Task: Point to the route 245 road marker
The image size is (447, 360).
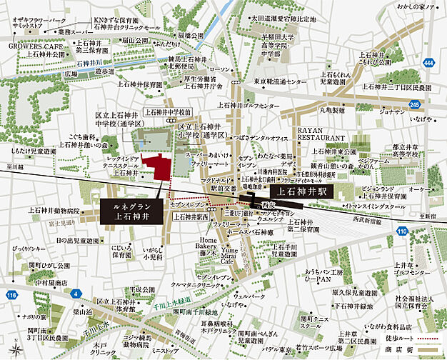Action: pos(414,104)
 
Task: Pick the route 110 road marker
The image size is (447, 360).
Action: pos(402,231)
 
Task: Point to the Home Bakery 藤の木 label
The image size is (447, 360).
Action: pos(201,245)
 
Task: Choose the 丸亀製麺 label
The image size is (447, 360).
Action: pos(332,111)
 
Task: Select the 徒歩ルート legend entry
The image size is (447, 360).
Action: pos(396,337)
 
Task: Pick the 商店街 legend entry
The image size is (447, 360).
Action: pos(394,349)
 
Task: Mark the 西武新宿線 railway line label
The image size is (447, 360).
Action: pos(367,221)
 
